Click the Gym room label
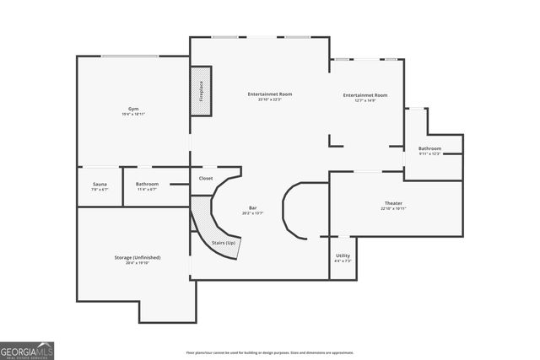pyautogui.click(x=133, y=110)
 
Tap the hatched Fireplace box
pyautogui.click(x=201, y=90)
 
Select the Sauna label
pyautogui.click(x=100, y=184)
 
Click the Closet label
pyautogui.click(x=206, y=179)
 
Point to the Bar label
pyautogui.click(x=252, y=207)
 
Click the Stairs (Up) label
pyautogui.click(x=224, y=242)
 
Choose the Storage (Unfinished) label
pyautogui.click(x=138, y=257)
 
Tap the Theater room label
pyautogui.click(x=393, y=203)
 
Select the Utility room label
pyautogui.click(x=343, y=255)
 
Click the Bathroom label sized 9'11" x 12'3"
pyautogui.click(x=429, y=148)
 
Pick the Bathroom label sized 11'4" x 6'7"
pyautogui.click(x=148, y=184)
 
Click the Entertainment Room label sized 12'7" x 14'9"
pyautogui.click(x=365, y=95)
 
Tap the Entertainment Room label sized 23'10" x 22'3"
pyautogui.click(x=270, y=94)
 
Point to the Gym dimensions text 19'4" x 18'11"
pyautogui.click(x=133, y=115)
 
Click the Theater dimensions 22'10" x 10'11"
pyautogui.click(x=393, y=208)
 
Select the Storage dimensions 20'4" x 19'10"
pyautogui.click(x=138, y=263)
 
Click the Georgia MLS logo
pyautogui.click(x=27, y=349)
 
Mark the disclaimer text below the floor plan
pyautogui.click(x=270, y=352)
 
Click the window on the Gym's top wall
pyautogui.click(x=130, y=56)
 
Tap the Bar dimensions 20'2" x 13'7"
pyautogui.click(x=252, y=213)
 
